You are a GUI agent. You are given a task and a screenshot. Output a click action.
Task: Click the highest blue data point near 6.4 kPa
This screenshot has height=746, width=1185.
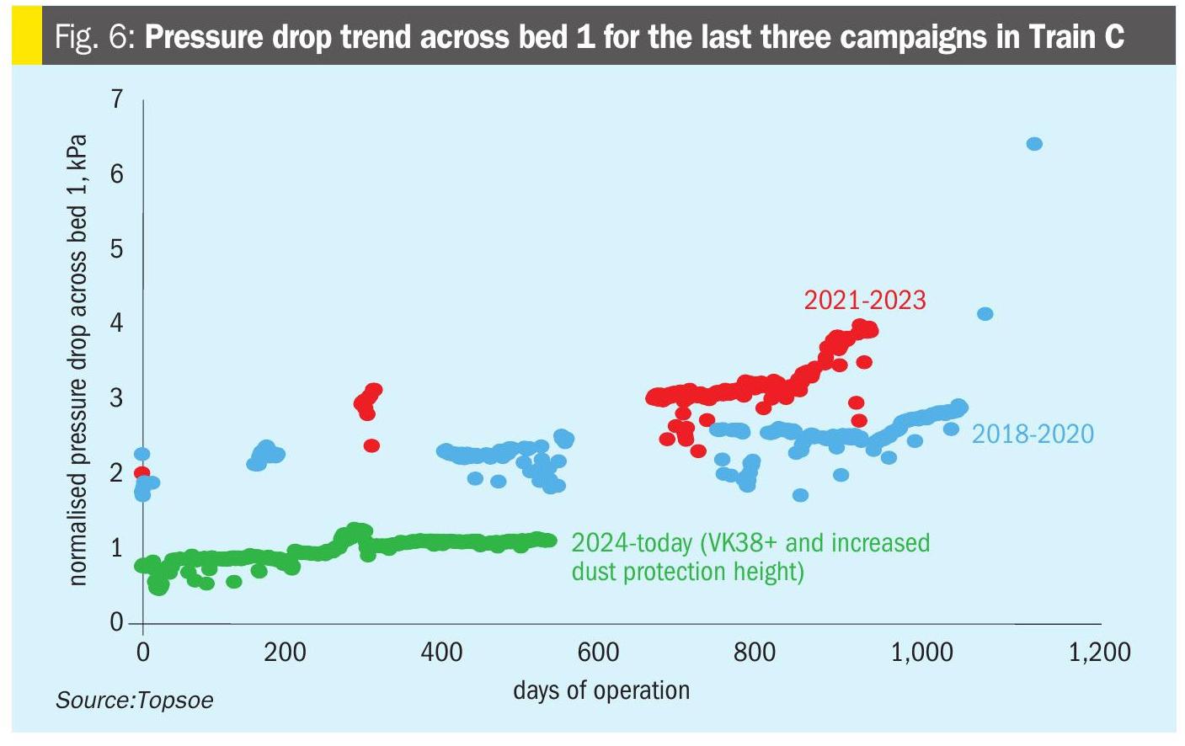(x=1034, y=144)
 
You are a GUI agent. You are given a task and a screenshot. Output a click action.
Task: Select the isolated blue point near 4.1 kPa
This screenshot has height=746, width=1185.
(x=985, y=314)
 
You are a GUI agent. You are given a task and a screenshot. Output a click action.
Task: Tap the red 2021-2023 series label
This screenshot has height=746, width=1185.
(x=864, y=301)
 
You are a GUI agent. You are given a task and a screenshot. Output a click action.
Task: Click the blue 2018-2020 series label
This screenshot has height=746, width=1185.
(x=1033, y=434)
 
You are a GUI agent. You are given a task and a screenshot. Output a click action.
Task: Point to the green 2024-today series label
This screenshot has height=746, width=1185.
(x=750, y=557)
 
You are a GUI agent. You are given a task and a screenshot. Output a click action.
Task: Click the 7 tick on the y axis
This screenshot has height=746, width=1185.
(x=116, y=99)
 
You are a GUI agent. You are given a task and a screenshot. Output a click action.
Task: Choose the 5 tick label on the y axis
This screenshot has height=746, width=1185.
(x=116, y=248)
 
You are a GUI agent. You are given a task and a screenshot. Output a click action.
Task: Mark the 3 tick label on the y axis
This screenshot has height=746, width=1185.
(x=116, y=397)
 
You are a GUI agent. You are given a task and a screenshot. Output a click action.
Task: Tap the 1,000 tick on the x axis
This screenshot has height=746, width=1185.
(x=921, y=653)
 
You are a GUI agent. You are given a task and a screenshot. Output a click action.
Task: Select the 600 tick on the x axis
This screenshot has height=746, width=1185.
(x=598, y=653)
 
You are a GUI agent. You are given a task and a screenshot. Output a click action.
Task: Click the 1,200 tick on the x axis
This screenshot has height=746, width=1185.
(x=1099, y=653)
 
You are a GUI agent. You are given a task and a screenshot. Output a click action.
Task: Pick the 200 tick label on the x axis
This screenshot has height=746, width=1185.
(x=285, y=653)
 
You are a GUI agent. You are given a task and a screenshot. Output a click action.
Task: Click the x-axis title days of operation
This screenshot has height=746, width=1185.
(x=601, y=690)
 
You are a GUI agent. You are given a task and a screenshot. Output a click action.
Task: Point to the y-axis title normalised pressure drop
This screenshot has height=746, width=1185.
(x=77, y=360)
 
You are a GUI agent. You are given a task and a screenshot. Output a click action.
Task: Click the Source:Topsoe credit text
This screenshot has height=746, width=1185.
(x=135, y=701)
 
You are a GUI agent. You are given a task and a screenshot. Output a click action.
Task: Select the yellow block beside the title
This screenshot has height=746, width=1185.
(x=26, y=37)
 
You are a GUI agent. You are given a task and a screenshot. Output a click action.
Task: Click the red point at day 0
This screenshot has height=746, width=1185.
(x=141, y=473)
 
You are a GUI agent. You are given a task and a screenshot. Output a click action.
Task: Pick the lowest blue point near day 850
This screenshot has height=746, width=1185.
(x=800, y=495)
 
